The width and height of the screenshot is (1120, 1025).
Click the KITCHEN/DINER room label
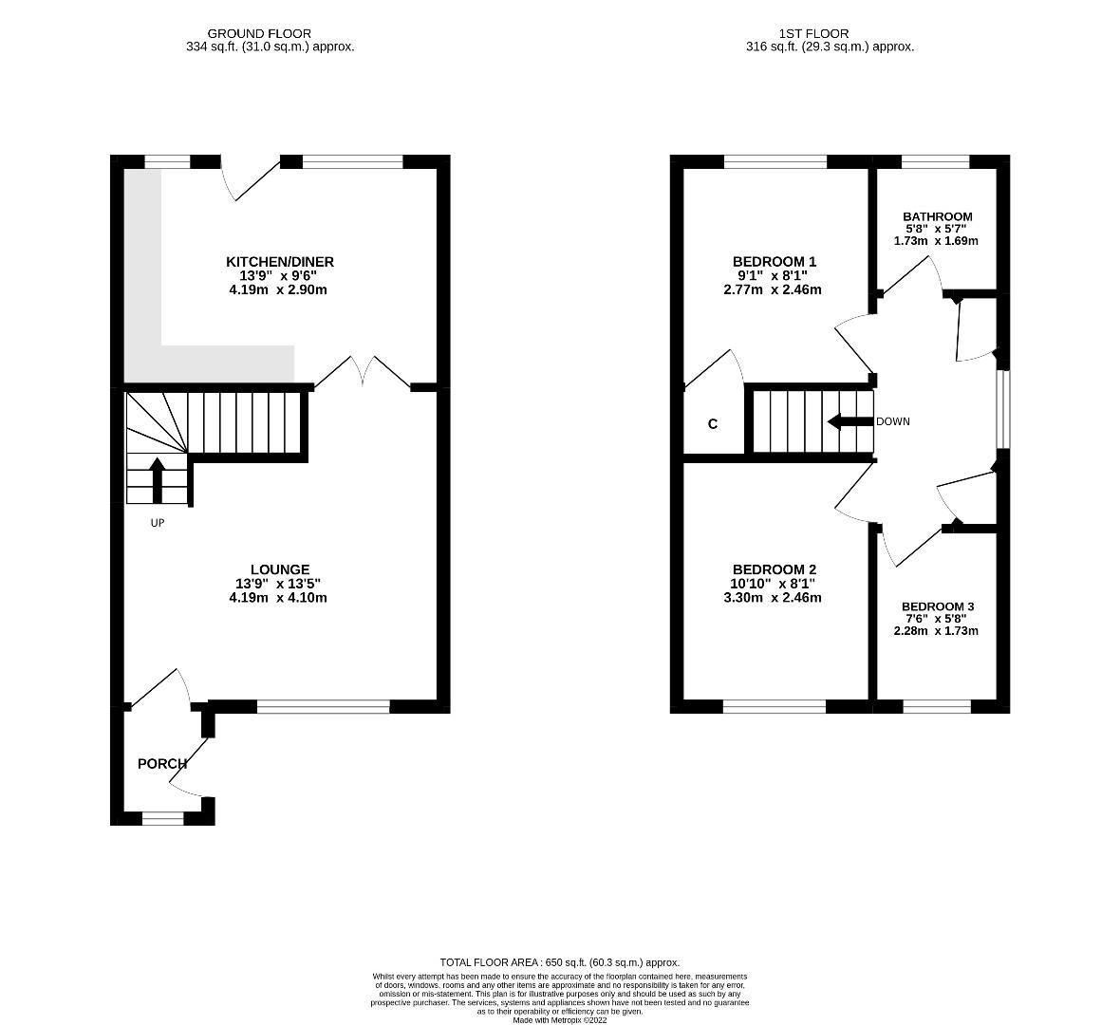pyautogui.click(x=279, y=262)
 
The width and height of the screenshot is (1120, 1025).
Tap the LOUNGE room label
pyautogui.click(x=279, y=569)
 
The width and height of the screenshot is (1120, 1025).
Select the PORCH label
pyautogui.click(x=162, y=764)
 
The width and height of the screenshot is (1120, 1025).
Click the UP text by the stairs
pyautogui.click(x=158, y=523)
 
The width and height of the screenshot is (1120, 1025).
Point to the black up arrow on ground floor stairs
pyautogui.click(x=158, y=479)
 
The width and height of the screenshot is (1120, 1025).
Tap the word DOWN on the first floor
pyautogui.click(x=892, y=421)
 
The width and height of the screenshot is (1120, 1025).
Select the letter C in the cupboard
pyautogui.click(x=713, y=424)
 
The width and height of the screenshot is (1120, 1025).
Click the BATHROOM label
pyautogui.click(x=937, y=216)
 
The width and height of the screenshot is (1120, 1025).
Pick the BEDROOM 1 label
pyautogui.click(x=774, y=262)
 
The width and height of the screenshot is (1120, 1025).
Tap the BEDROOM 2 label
pyautogui.click(x=774, y=569)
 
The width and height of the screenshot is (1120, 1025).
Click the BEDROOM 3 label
pyautogui.click(x=937, y=606)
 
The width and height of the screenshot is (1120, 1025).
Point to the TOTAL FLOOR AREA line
pyautogui.click(x=560, y=961)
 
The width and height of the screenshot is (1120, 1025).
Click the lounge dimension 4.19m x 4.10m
pyautogui.click(x=278, y=598)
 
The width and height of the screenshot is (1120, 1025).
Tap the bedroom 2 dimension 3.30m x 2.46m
pyautogui.click(x=773, y=598)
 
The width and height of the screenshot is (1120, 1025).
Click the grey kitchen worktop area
pyautogui.click(x=142, y=285)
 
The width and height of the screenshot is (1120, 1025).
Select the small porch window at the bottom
pyautogui.click(x=162, y=817)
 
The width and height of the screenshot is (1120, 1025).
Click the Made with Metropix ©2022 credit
pyautogui.click(x=560, y=1020)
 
